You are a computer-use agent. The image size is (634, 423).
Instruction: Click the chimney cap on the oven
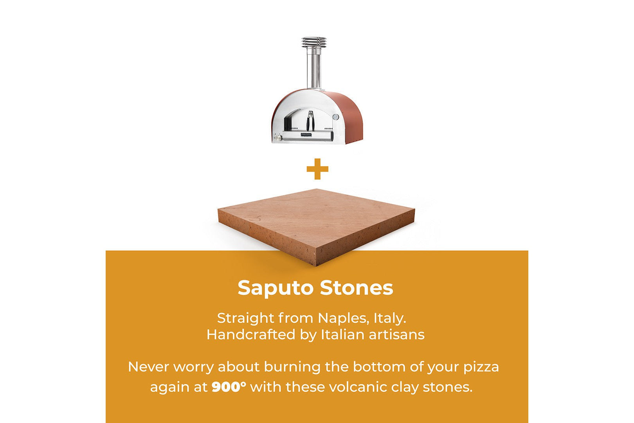coord(314,43)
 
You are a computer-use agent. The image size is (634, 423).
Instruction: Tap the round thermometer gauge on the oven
coord(336,116)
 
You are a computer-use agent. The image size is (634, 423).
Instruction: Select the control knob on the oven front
coord(279,138)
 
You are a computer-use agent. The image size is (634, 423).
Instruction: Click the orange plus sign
coord(317,169)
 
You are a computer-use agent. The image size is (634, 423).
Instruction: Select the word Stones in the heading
coord(357,288)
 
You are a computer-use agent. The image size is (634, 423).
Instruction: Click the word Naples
coord(344,319)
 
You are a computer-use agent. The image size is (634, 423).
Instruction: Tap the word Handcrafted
coord(251,334)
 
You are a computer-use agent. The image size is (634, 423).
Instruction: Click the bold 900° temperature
coord(229,387)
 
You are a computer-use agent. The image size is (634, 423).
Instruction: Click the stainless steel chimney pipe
coord(314,69)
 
